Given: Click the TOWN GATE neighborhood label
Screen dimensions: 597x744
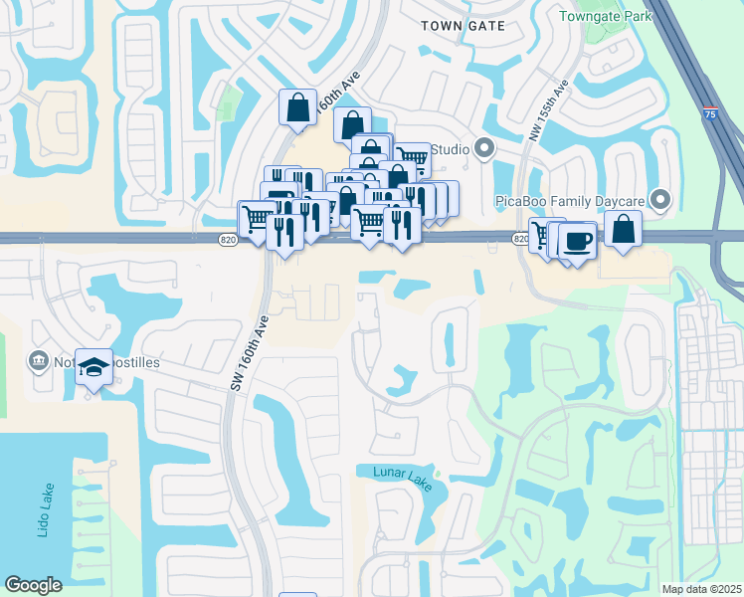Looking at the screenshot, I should coord(464,25).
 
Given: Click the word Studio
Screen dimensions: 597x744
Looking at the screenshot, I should coord(449,150).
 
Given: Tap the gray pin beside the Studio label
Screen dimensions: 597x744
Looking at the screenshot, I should coord(484,150).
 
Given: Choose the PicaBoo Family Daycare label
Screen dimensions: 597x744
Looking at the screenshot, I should coord(570,201).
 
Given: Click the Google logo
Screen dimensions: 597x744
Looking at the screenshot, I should coord(34,585).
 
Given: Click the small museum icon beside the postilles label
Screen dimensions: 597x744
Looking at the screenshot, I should coord(39,359).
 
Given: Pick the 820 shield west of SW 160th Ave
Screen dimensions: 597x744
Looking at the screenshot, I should coord(228,239).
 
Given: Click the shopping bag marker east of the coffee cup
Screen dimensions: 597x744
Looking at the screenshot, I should coord(622,228).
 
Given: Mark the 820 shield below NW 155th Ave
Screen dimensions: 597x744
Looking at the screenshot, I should coord(520,239).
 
